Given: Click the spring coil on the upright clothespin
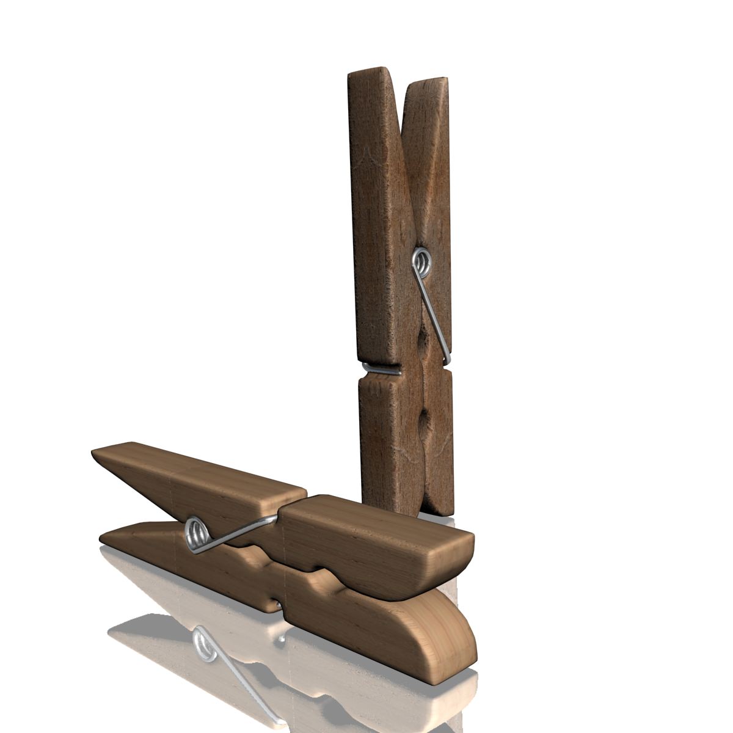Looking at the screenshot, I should coord(421,261).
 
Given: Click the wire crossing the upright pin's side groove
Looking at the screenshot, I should coord(381,369).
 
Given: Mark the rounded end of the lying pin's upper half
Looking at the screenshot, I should coord(467,550).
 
